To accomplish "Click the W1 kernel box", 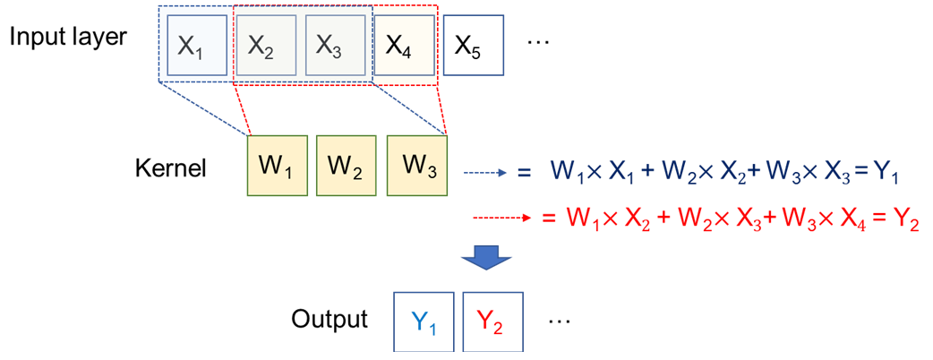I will click(x=277, y=166).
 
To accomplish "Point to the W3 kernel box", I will click(x=417, y=166).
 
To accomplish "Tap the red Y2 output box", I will click(x=492, y=321).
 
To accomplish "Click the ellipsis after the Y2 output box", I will click(x=556, y=320).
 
